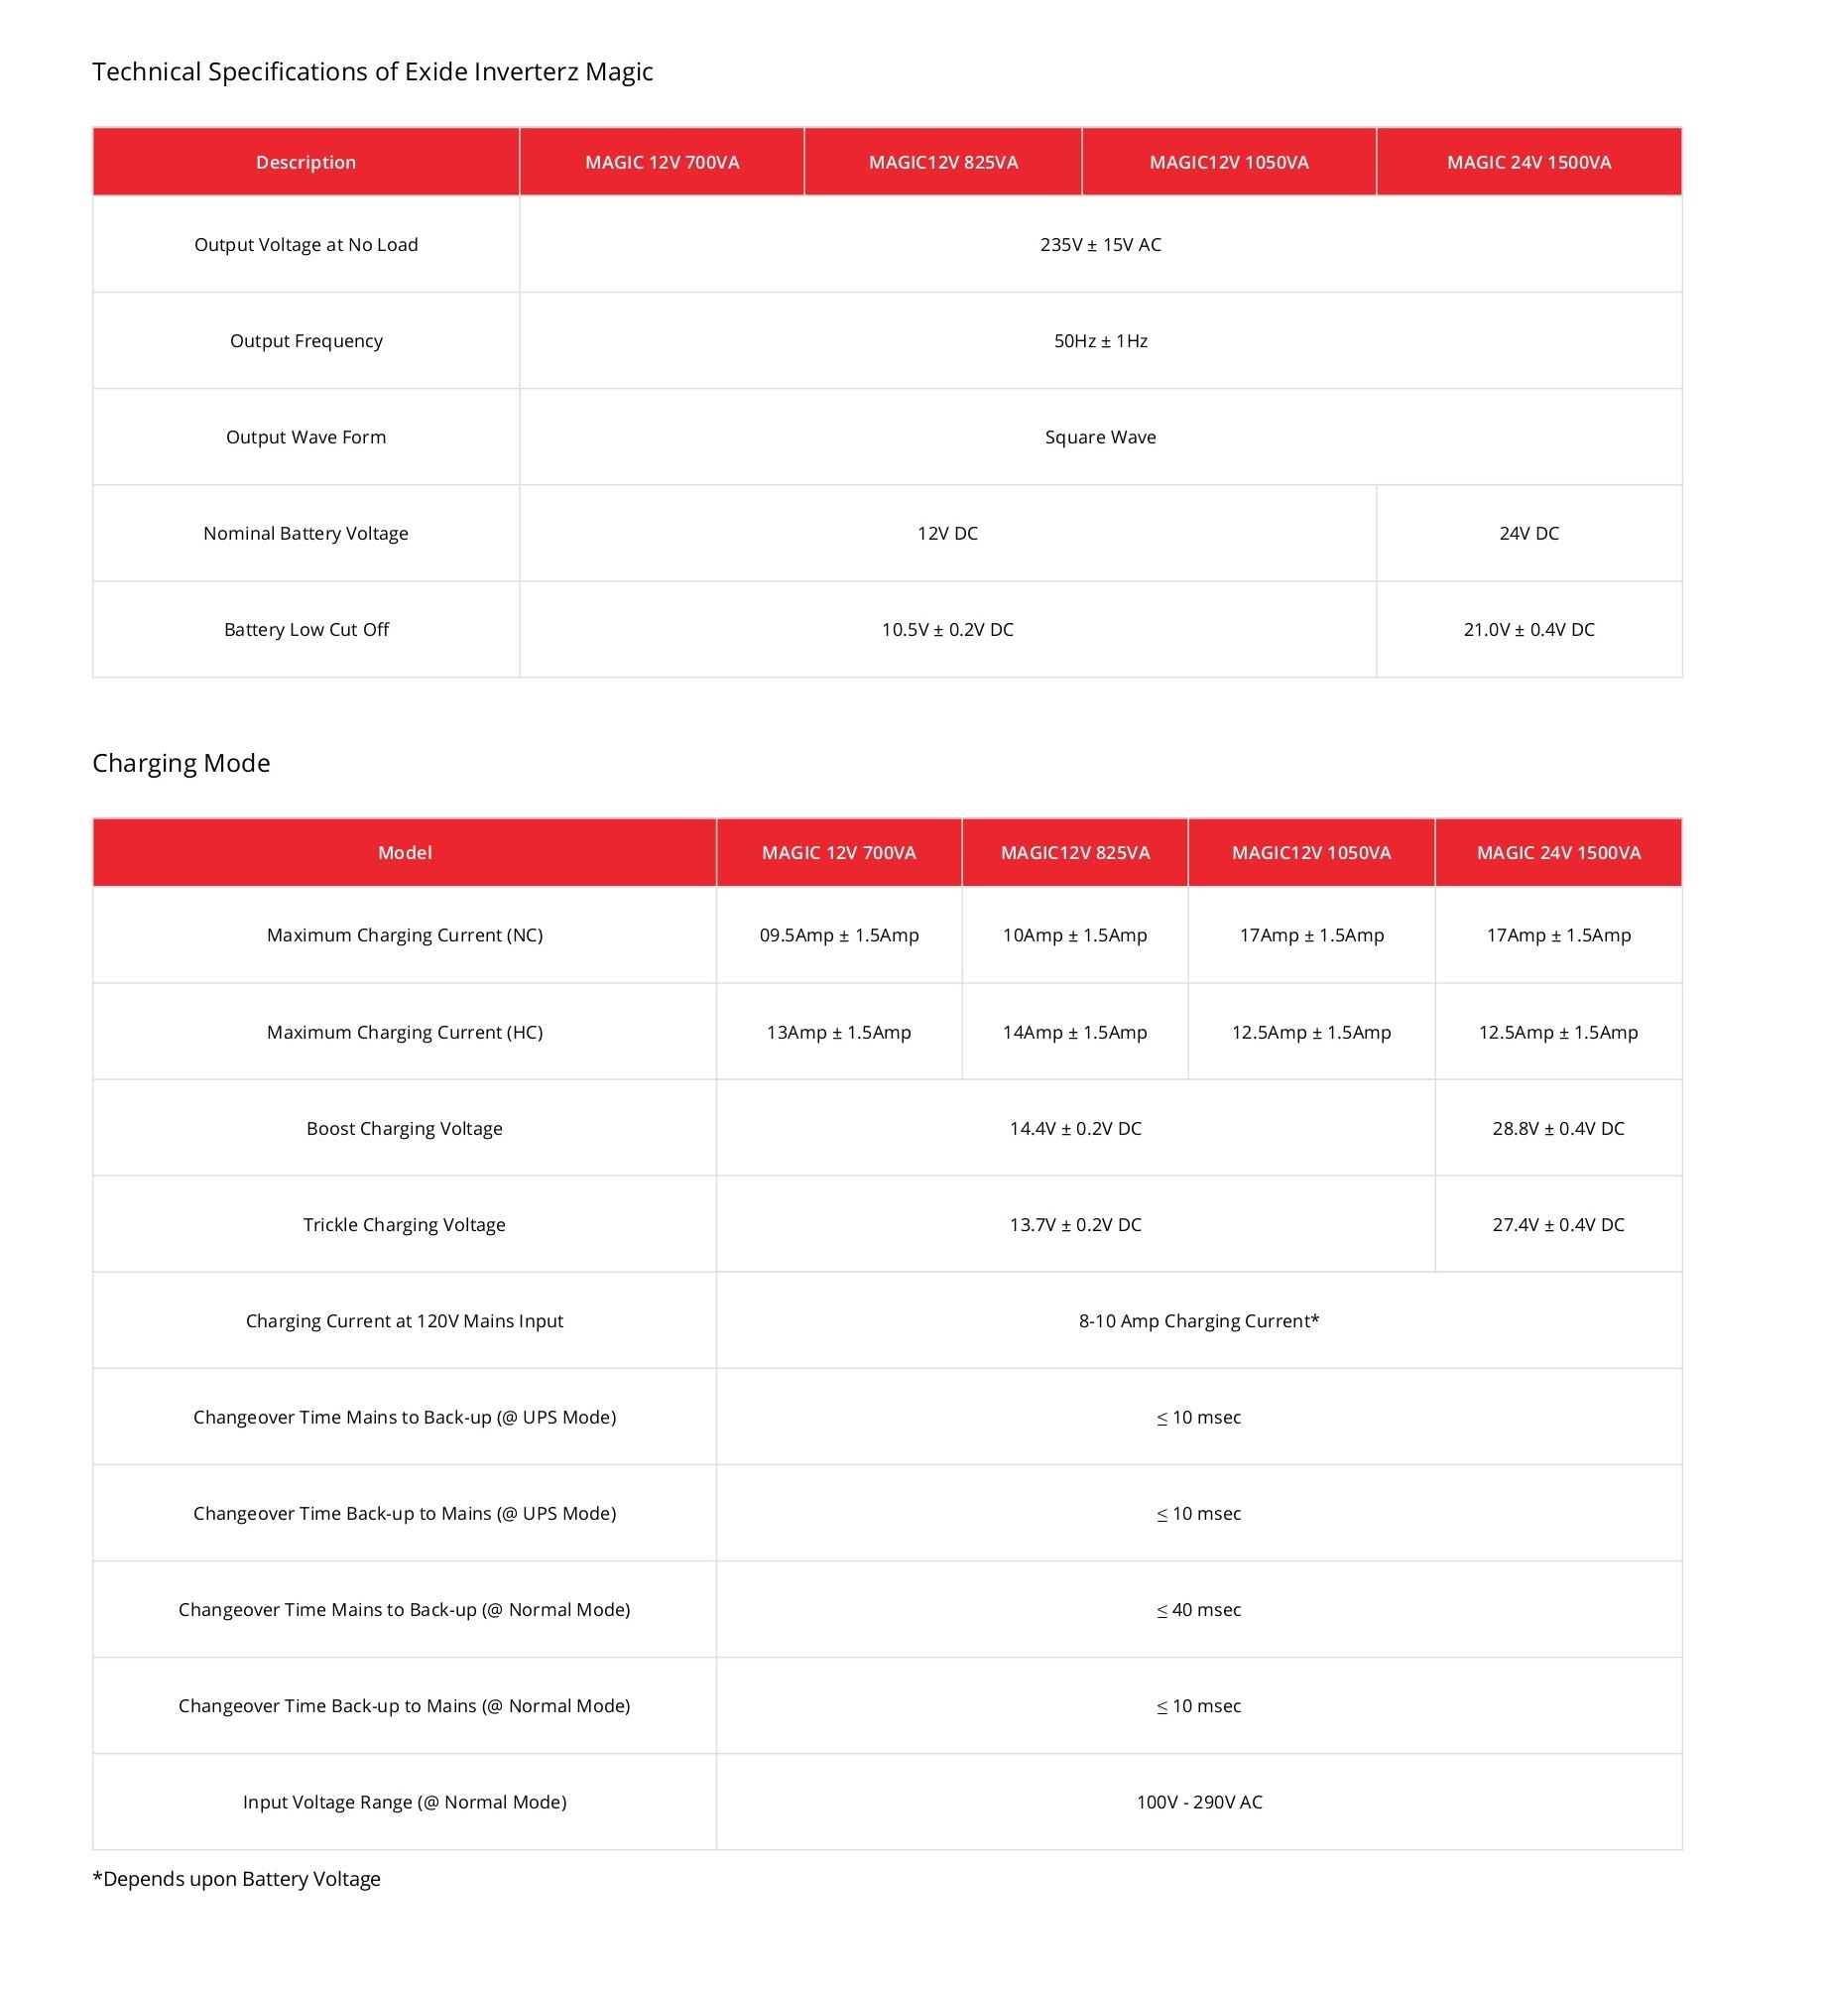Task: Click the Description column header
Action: click(x=305, y=162)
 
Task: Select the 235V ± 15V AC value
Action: click(x=1100, y=244)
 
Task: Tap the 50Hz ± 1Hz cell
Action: click(x=1100, y=340)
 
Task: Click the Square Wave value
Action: click(x=1100, y=436)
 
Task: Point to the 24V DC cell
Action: click(x=1528, y=533)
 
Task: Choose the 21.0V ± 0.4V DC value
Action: click(x=1528, y=629)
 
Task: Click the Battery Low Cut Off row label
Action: click(x=306, y=629)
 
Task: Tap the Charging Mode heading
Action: click(x=182, y=763)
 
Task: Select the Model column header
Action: click(x=405, y=852)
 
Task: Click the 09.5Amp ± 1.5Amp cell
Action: click(x=839, y=934)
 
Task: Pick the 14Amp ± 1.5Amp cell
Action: click(x=1074, y=1032)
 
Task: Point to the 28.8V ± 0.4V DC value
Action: click(x=1558, y=1128)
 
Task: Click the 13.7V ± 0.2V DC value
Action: click(x=1075, y=1224)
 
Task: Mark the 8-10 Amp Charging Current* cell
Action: click(x=1199, y=1320)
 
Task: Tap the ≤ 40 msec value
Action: click(x=1199, y=1609)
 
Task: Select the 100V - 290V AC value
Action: click(x=1199, y=1802)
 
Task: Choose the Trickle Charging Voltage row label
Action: click(x=405, y=1224)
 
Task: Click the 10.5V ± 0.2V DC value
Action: click(x=947, y=629)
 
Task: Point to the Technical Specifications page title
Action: click(x=373, y=71)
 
